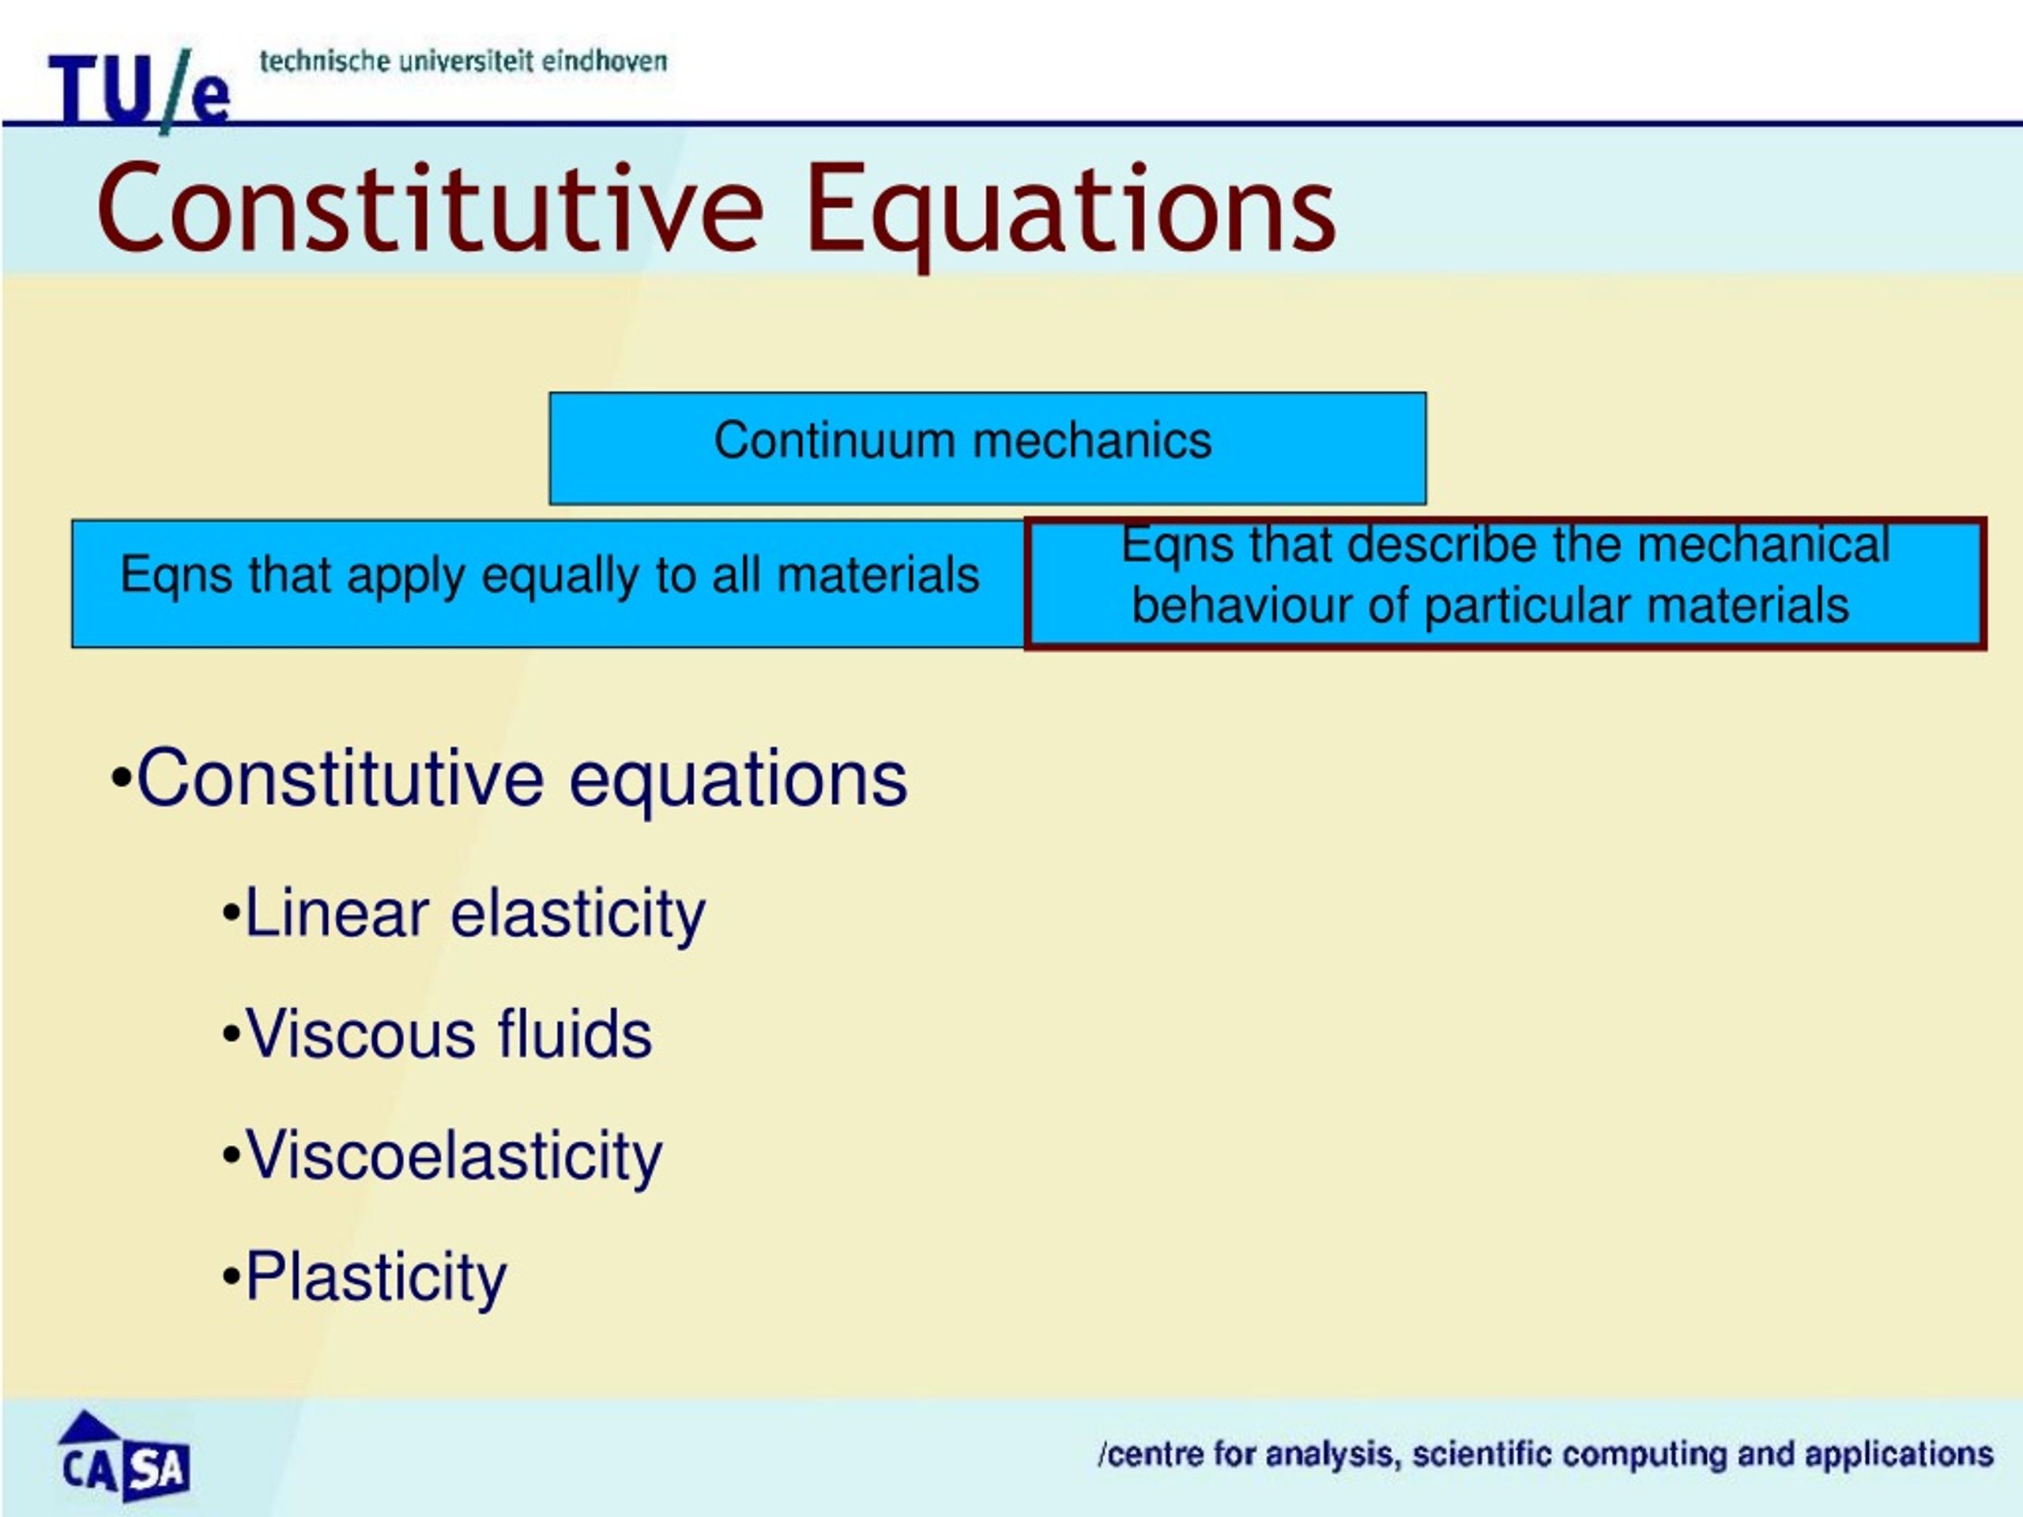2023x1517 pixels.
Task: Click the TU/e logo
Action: pyautogui.click(x=139, y=88)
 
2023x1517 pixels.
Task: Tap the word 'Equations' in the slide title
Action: pyautogui.click(x=1070, y=214)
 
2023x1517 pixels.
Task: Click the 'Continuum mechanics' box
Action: pyautogui.click(x=988, y=448)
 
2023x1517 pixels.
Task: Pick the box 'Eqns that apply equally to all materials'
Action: pyautogui.click(x=548, y=583)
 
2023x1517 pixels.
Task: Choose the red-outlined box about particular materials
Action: pyautogui.click(x=1505, y=583)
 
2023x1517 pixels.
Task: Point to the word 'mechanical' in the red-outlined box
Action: pyautogui.click(x=1763, y=545)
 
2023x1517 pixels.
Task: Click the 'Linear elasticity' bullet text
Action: pyautogui.click(x=476, y=913)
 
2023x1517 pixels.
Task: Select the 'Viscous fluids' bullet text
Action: pyautogui.click(x=449, y=1034)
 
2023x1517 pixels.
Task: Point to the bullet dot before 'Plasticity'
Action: pyautogui.click(x=231, y=1278)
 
